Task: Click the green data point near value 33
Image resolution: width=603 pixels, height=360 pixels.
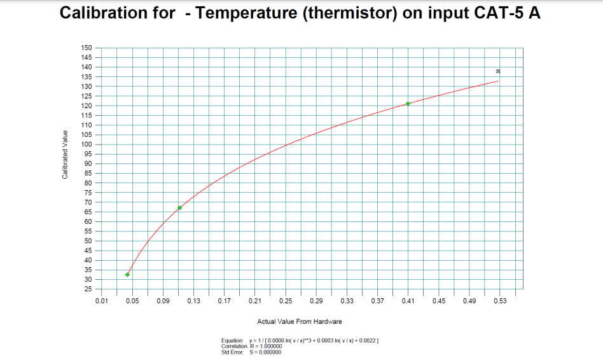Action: click(x=128, y=275)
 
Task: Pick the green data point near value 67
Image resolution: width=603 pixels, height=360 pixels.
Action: click(x=180, y=208)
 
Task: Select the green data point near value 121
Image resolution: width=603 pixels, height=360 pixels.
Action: click(x=408, y=104)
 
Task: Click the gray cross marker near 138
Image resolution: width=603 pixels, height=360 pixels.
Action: click(x=499, y=71)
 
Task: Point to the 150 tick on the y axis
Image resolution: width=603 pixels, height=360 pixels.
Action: click(x=87, y=48)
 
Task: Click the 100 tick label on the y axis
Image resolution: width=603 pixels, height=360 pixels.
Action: click(x=87, y=144)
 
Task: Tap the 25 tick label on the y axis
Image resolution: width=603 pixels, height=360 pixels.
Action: click(x=89, y=289)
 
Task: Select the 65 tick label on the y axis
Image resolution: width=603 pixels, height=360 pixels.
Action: click(x=89, y=212)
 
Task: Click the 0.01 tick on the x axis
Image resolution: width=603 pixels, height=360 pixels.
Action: click(x=101, y=300)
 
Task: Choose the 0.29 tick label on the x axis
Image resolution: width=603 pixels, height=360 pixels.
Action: click(x=316, y=300)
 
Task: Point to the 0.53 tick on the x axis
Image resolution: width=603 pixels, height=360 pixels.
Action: click(x=499, y=300)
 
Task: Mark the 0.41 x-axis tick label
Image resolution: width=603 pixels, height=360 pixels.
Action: click(x=408, y=300)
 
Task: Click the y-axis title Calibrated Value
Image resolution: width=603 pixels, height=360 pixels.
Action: click(x=65, y=155)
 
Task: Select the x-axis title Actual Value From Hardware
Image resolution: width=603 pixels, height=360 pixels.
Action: click(x=299, y=322)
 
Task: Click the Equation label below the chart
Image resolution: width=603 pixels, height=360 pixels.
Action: click(x=233, y=342)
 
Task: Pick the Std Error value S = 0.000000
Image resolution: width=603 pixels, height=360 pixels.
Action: click(x=265, y=352)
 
